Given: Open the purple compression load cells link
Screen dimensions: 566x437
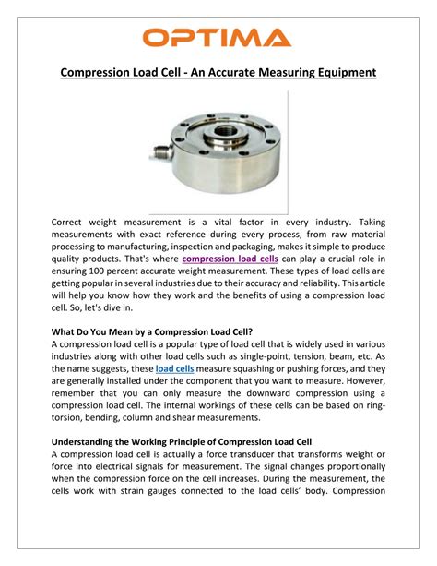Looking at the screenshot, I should [x=230, y=259].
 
